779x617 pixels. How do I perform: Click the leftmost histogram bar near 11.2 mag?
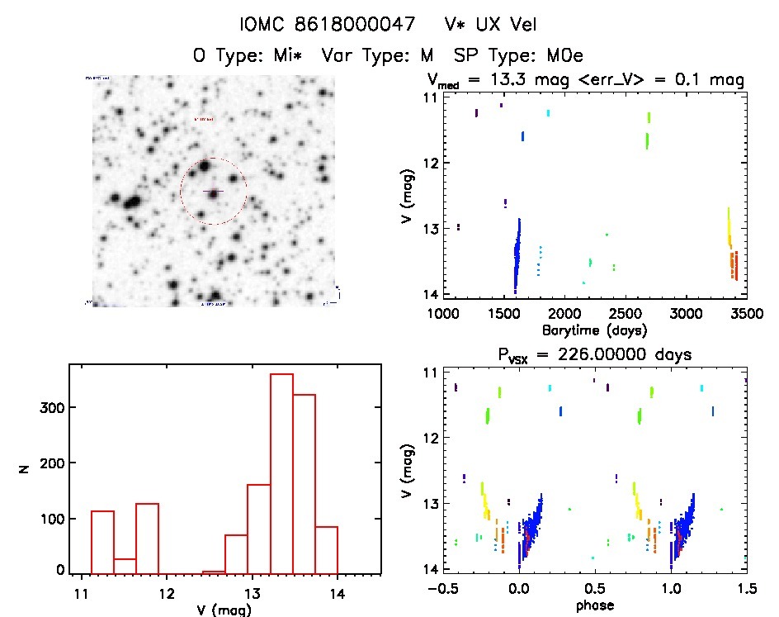(x=102, y=542)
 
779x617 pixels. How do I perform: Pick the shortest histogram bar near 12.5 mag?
(x=214, y=572)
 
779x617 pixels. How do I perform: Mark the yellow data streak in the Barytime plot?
(x=729, y=227)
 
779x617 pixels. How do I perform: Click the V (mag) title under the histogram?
(x=224, y=610)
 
